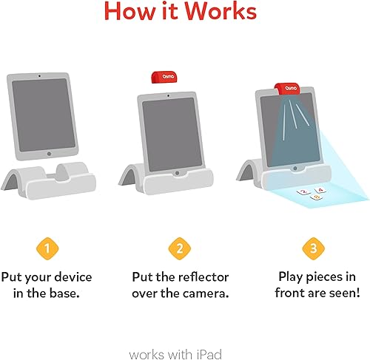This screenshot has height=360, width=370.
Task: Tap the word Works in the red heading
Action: pos(225,13)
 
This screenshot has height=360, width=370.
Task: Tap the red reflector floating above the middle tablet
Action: pos(161,76)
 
